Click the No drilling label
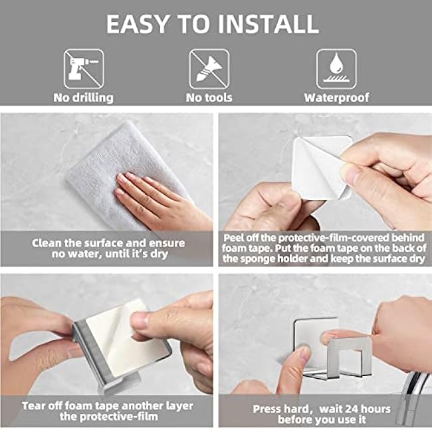pyautogui.click(x=83, y=97)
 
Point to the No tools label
pyautogui.click(x=209, y=97)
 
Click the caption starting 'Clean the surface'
pyautogui.click(x=108, y=249)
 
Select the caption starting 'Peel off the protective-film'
pyautogui.click(x=324, y=249)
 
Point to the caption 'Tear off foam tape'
pyautogui.click(x=108, y=410)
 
